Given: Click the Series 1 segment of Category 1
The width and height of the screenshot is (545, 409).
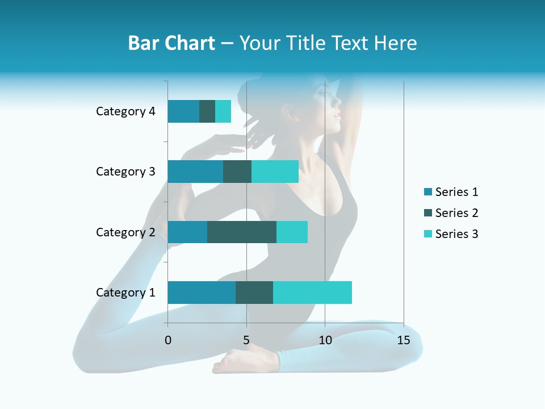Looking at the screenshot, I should [x=202, y=293].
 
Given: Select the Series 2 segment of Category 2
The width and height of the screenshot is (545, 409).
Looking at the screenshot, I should [x=242, y=232].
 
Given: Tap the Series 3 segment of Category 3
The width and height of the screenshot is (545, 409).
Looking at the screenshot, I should [x=275, y=172].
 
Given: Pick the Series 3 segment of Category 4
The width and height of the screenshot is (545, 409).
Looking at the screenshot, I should [x=223, y=111].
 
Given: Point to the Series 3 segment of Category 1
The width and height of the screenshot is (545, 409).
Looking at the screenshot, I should [x=312, y=293].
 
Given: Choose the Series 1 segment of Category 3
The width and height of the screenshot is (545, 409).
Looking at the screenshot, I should [x=195, y=172].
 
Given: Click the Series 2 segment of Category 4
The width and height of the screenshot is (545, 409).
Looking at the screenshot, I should [x=207, y=111].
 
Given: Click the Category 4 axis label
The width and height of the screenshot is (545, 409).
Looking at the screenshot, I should [x=125, y=111].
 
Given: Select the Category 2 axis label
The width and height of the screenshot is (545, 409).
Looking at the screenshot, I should [x=125, y=232].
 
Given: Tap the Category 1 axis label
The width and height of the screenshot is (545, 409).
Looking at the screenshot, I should [x=125, y=293].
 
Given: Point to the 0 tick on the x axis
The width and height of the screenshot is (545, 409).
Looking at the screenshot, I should [x=168, y=340].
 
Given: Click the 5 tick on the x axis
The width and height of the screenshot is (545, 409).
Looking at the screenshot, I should [x=246, y=340].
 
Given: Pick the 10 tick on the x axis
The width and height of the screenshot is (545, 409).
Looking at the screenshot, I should [x=325, y=340].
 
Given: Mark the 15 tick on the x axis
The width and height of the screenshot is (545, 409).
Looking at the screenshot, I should [x=403, y=340].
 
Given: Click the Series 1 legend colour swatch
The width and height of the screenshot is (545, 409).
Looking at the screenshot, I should [x=428, y=192].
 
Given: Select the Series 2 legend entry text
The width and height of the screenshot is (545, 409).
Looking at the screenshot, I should [x=456, y=213].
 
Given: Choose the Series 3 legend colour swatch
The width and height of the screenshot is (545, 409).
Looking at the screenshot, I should [x=428, y=234].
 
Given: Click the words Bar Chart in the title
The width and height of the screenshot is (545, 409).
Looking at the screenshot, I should [x=171, y=43].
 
